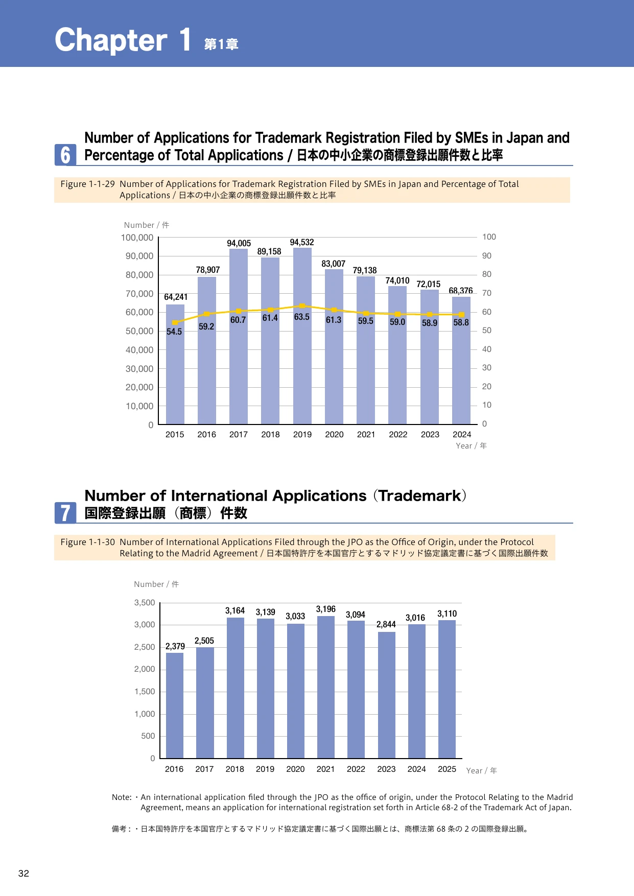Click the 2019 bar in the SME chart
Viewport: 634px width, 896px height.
302,336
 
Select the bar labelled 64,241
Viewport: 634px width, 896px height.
175,364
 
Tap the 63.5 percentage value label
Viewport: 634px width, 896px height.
302,317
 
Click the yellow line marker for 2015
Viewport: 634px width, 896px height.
175,322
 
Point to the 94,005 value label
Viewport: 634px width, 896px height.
239,243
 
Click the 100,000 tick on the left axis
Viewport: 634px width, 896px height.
137,238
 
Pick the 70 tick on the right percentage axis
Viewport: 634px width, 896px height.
487,293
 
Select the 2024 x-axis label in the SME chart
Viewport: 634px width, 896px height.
462,434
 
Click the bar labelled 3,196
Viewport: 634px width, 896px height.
326,687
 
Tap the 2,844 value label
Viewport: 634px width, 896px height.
386,624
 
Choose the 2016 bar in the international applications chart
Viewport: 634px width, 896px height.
175,705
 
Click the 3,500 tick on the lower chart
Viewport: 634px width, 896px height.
145,603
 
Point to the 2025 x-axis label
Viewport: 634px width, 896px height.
447,769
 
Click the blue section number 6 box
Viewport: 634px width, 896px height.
65,155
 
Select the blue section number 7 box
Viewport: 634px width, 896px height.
65,513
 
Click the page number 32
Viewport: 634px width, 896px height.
24,874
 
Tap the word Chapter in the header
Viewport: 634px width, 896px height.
111,40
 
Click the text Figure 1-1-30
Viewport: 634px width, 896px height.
88,542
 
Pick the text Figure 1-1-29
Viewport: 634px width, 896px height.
88,184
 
